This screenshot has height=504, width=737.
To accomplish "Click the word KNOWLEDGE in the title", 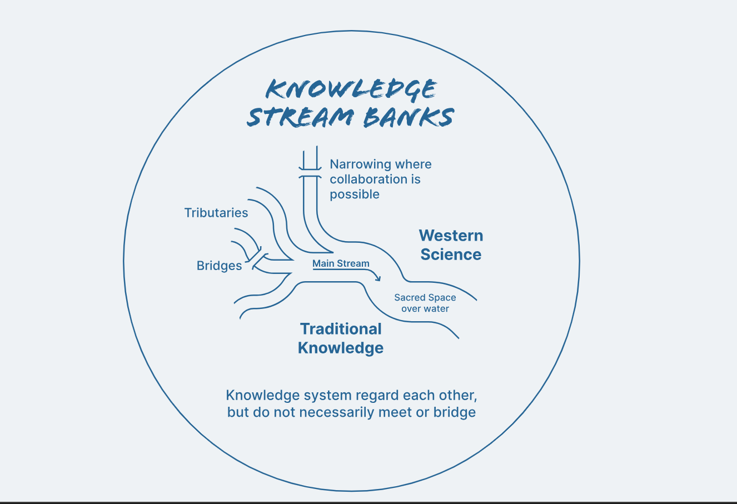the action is (x=351, y=89).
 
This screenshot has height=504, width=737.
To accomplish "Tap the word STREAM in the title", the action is (x=301, y=117).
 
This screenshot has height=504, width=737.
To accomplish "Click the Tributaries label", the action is (x=216, y=213).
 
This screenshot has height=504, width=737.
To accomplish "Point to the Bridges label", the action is (x=220, y=266).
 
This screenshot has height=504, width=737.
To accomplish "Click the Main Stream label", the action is (x=341, y=263).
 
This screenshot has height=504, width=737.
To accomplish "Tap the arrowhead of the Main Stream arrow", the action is (x=379, y=277).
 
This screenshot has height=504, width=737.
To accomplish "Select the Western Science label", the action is (x=451, y=245).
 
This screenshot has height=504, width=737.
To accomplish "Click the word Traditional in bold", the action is (x=341, y=329).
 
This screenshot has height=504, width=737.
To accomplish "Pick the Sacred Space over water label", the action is (x=425, y=303).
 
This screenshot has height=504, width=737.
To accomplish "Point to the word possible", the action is (x=355, y=194).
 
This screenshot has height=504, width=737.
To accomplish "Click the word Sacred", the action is (x=409, y=298).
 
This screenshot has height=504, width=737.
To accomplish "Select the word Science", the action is (x=451, y=255).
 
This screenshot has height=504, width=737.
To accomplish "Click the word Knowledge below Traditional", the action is (x=341, y=348).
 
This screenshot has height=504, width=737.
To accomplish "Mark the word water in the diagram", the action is (x=436, y=309).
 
